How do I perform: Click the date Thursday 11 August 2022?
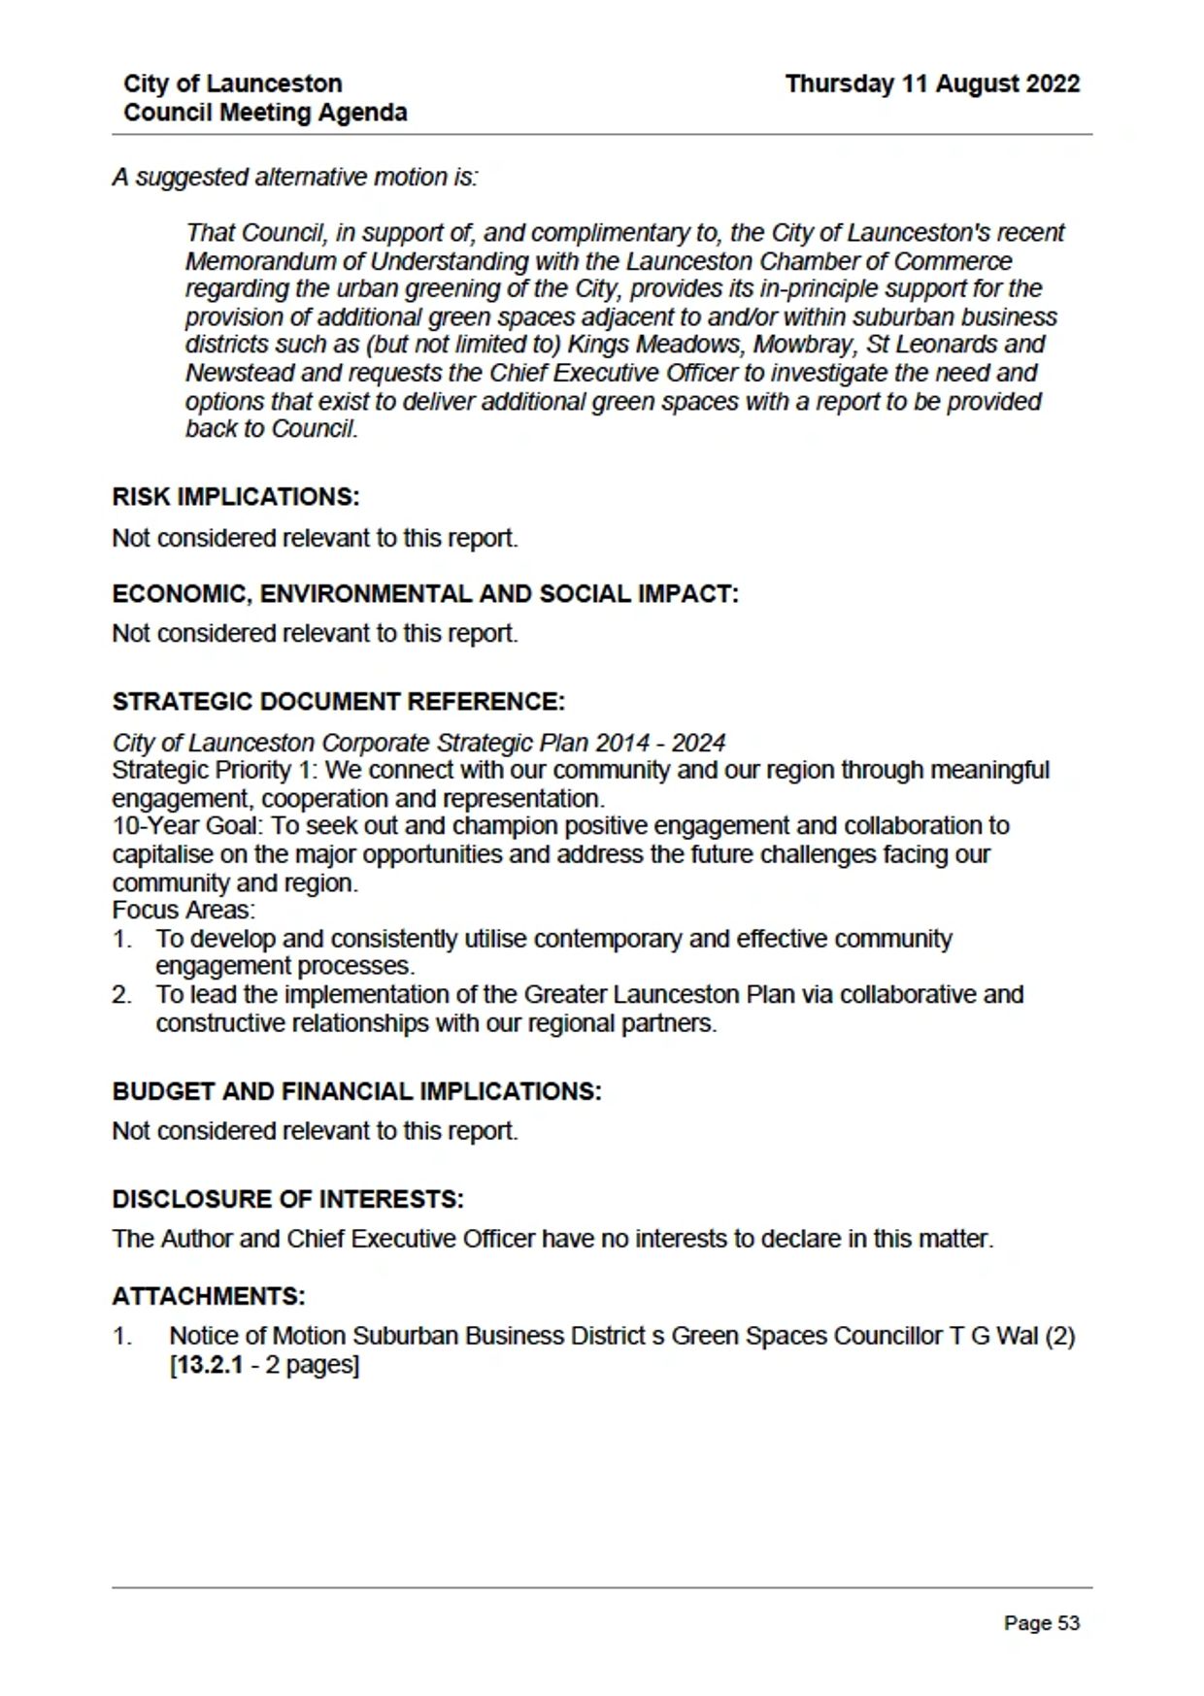tap(932, 84)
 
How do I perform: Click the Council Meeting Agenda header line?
tap(265, 113)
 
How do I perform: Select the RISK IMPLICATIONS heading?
tap(236, 497)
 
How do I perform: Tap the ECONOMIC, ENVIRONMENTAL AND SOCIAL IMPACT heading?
tap(425, 594)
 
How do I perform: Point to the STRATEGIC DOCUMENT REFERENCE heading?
tap(338, 702)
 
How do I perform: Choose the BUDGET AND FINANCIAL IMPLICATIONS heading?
tap(356, 1091)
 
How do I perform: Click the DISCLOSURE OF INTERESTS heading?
tap(287, 1199)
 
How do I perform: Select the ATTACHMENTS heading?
tap(209, 1296)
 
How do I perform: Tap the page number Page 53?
tap(1041, 1623)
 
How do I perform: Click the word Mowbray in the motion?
tap(772, 345)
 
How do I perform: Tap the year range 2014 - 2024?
tap(660, 743)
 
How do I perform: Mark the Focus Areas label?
tap(184, 911)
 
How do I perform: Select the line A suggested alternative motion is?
tap(295, 178)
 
